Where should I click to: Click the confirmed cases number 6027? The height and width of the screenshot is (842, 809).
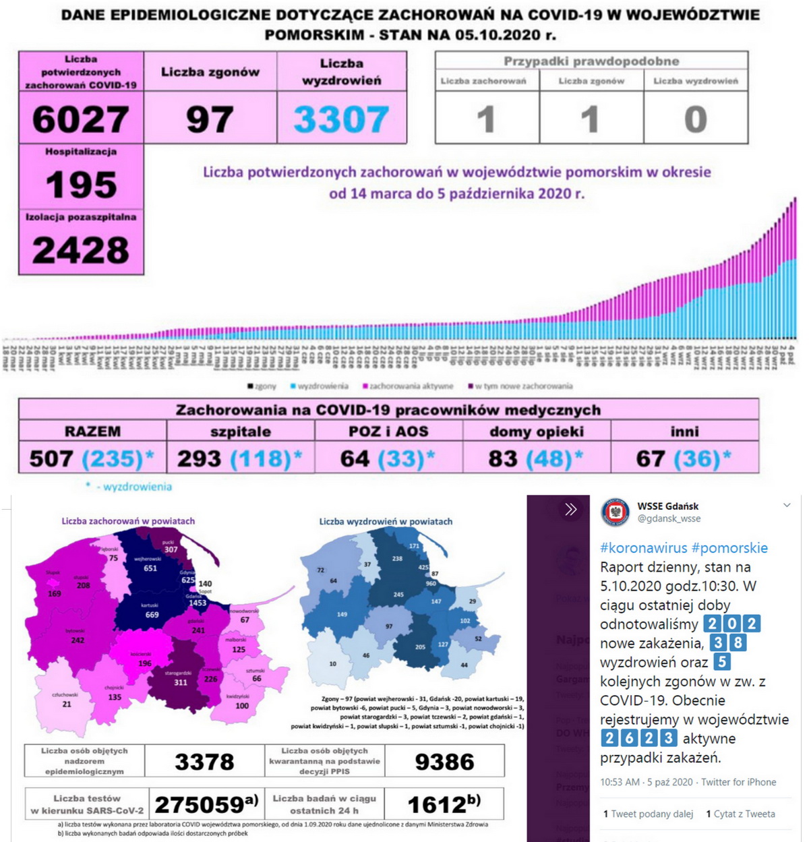click(81, 119)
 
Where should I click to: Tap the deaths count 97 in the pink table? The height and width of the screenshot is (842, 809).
click(210, 119)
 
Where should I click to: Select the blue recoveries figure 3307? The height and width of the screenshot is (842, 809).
click(341, 119)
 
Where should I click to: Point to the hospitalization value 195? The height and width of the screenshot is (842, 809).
click(81, 185)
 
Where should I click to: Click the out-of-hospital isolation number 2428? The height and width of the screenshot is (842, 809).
click(81, 250)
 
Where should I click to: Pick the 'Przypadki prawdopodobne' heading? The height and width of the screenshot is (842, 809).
click(591, 61)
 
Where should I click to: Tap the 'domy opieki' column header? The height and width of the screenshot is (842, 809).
click(537, 431)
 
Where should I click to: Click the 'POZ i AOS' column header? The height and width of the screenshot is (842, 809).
click(388, 431)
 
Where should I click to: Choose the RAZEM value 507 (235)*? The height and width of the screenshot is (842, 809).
click(92, 459)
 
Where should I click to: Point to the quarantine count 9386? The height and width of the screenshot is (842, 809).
click(444, 762)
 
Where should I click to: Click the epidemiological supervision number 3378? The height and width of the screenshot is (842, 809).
click(204, 762)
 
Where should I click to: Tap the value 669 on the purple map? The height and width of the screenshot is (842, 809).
click(152, 615)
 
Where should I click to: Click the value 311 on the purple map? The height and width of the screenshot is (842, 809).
click(181, 682)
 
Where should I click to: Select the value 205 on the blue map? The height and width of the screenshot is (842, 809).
click(420, 647)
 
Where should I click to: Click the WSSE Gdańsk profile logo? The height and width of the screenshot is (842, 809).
click(615, 512)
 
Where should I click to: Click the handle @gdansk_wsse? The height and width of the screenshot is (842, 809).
click(669, 519)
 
